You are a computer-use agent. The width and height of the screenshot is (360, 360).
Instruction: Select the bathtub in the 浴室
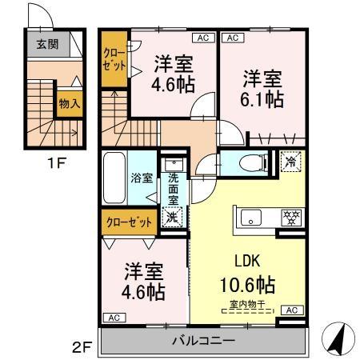tap(115, 178)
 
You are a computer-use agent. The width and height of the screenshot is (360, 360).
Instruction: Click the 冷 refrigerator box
tap(290, 161)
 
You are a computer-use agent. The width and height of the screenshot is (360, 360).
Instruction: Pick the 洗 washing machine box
tap(172, 216)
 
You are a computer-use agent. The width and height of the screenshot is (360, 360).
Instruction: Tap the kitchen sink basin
tap(248, 216)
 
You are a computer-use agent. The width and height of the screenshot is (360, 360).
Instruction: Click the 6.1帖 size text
tap(262, 99)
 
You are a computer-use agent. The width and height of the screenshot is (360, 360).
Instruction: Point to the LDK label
tap(247, 261)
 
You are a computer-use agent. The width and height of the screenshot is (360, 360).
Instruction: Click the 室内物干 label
tap(248, 303)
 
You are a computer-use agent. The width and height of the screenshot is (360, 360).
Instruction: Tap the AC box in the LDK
tap(291, 310)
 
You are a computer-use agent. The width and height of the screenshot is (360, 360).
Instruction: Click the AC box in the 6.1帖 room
tap(232, 38)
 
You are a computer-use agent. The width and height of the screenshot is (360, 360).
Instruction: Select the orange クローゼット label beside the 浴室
tap(126, 222)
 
